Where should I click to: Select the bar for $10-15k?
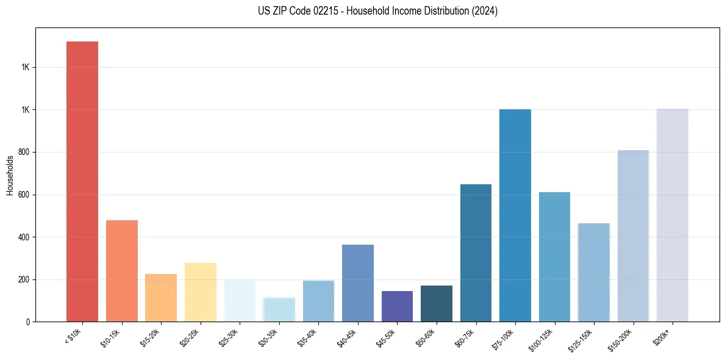pos(121,271)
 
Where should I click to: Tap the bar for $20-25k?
pos(200,292)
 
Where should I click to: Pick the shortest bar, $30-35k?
pos(279,309)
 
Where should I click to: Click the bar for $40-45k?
pos(357,283)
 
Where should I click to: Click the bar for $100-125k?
pos(554,257)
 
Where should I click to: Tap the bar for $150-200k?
pos(633,236)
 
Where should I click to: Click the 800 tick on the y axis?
pos(24,152)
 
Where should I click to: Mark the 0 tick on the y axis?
pos(27,322)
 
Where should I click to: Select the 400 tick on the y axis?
pos(24,237)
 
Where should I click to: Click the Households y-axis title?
pos(10,175)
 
